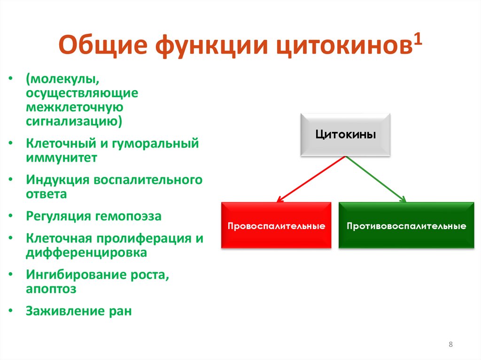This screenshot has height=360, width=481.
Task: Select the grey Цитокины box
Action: pyautogui.click(x=345, y=135)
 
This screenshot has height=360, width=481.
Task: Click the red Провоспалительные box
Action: pyautogui.click(x=276, y=226)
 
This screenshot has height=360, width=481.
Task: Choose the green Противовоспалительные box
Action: pyautogui.click(x=406, y=226)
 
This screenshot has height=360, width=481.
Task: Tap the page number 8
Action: pyautogui.click(x=450, y=345)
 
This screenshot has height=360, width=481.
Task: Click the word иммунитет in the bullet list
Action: pyautogui.click(x=62, y=158)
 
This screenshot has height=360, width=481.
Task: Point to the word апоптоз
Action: pyautogui.click(x=51, y=289)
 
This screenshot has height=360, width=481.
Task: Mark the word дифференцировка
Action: pyautogui.click(x=86, y=253)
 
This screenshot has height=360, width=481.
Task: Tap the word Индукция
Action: pyautogui.click(x=58, y=180)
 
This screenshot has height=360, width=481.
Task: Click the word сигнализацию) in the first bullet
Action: pyautogui.click(x=74, y=122)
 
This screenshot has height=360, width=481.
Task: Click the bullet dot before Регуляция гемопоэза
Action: pyautogui.click(x=11, y=216)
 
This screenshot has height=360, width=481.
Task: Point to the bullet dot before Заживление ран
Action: pyautogui.click(x=11, y=311)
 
